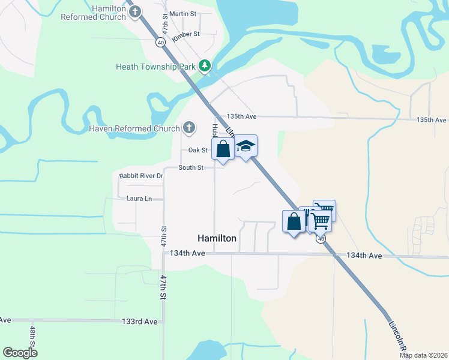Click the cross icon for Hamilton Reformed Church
[136, 11]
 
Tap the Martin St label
[183, 13]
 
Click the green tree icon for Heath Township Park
[205, 66]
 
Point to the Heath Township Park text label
[156, 66]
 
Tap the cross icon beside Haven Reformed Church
[189, 128]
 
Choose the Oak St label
[198, 150]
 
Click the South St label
[190, 167]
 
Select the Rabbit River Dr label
[141, 176]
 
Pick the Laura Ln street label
[139, 199]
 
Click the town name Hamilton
[217, 238]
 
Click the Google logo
[20, 352]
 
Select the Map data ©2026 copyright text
[423, 355]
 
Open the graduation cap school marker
[246, 146]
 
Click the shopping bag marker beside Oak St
[223, 148]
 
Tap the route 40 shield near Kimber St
[160, 43]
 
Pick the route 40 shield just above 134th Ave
[322, 239]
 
